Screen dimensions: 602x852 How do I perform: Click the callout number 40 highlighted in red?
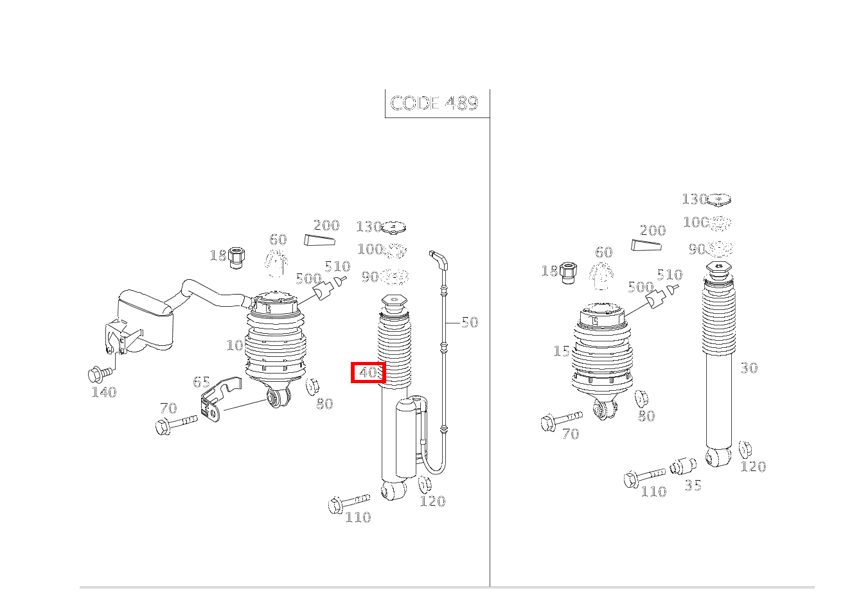tap(368, 372)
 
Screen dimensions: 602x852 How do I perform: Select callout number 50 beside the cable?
tap(470, 322)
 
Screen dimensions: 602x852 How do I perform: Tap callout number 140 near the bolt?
tap(103, 391)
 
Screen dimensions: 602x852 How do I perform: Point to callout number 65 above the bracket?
tap(201, 382)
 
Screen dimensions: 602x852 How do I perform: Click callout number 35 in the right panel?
tap(693, 485)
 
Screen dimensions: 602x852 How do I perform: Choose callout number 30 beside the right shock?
tap(749, 368)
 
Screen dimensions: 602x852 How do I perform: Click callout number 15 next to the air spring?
tap(561, 351)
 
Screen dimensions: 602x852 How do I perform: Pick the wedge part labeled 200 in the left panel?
tap(319, 241)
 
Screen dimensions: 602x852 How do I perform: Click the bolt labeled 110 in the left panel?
tap(347, 502)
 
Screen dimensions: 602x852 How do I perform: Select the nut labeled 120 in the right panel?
tap(745, 449)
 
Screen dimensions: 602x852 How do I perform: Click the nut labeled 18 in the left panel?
tap(236, 256)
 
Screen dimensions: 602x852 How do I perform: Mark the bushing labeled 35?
tap(683, 466)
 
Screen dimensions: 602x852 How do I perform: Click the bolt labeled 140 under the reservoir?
tap(99, 372)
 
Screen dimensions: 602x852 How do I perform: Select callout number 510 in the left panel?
tap(337, 266)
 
